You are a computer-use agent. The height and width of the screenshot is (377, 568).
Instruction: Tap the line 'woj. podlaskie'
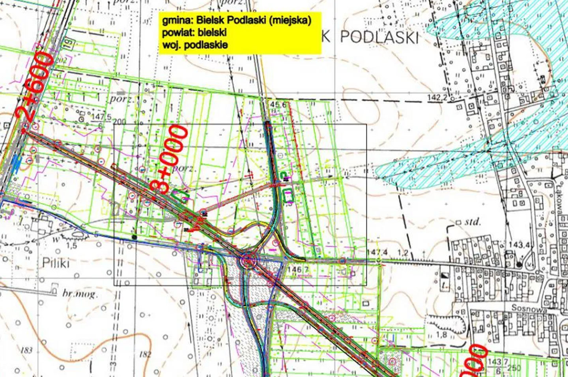point(195,45)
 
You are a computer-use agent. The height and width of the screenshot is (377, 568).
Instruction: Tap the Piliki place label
point(55,263)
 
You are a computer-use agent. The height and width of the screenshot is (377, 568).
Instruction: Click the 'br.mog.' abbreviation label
point(78,294)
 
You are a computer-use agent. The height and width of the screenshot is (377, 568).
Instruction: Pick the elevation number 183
point(27,351)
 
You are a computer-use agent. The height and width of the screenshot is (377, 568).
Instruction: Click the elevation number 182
point(145,354)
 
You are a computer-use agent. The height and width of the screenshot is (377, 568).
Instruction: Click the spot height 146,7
point(297,270)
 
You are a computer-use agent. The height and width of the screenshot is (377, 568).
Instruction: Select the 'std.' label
point(473,222)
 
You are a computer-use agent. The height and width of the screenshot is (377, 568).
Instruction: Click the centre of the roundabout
point(248,261)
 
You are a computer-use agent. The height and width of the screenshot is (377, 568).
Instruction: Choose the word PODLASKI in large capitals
point(379,37)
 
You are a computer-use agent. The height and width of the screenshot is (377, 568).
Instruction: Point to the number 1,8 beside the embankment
point(441,335)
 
